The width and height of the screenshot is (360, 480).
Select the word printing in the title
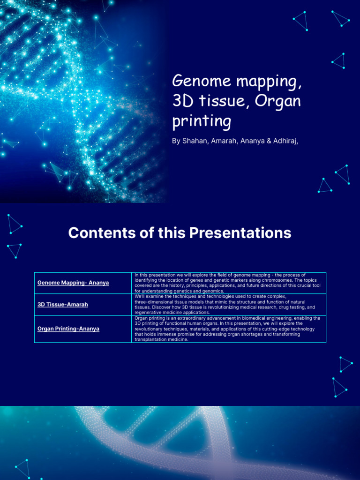click(202, 122)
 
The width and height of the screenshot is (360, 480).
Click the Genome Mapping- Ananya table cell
click(73, 283)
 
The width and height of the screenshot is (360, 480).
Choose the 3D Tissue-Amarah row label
click(63, 305)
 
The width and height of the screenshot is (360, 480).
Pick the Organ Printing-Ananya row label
click(68, 329)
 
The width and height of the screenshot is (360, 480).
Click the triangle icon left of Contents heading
click(15, 224)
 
